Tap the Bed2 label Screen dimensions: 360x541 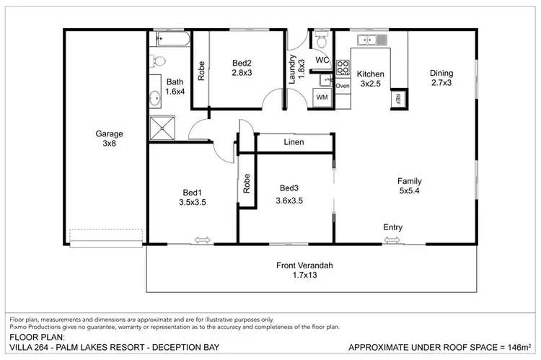click(242, 68)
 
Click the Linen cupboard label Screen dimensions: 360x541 click(294, 143)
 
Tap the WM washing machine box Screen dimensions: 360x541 click(322, 97)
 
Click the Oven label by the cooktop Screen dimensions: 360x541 click(343, 86)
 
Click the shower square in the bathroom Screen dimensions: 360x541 click(162, 128)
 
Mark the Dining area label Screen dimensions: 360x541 click(441, 78)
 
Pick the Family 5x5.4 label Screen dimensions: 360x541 click(410, 186)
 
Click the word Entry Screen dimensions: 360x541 click(392, 228)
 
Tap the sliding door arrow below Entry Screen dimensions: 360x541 click(392, 241)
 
